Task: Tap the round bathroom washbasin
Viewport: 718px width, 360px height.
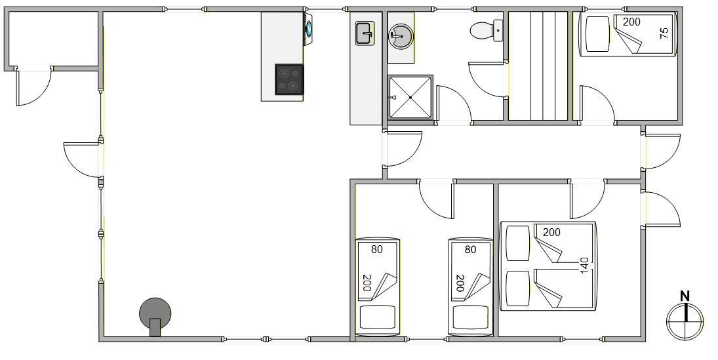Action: coord(401,36)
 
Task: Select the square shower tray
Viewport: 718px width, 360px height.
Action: coord(410,98)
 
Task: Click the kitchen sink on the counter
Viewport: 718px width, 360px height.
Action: coord(365,33)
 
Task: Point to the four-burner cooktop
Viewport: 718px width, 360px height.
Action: coord(289,79)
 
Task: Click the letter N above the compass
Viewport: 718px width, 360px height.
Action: coord(685,296)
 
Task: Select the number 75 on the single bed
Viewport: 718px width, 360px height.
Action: coord(664,33)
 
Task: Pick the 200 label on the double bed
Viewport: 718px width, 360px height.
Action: coord(551,232)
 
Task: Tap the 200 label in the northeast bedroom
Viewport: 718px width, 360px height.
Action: coord(631,22)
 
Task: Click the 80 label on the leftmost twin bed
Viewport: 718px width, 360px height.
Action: coord(377,250)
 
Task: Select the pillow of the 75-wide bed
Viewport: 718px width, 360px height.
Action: coord(597,34)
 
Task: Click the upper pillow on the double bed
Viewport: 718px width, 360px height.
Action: coord(519,243)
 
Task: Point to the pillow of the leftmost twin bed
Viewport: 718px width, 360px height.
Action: coord(378,317)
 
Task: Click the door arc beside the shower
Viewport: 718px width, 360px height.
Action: coord(454,104)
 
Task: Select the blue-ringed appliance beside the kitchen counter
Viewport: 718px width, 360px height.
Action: coord(309,28)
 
